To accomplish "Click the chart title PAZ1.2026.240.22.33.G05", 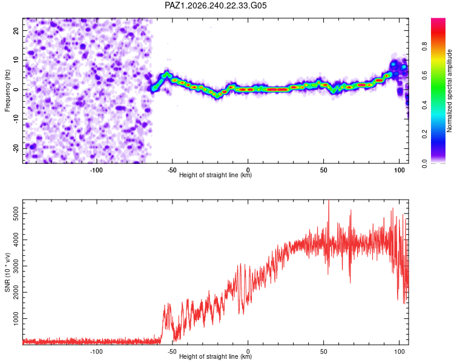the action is [215, 5].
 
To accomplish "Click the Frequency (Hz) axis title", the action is [7, 90].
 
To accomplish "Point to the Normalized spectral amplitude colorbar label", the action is [449, 91].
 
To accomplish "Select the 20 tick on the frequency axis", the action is [16, 30].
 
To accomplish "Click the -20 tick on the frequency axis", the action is [16, 148].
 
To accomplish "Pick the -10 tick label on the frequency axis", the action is [16, 119].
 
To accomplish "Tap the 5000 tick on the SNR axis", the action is [16, 214].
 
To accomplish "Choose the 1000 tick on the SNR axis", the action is [16, 318].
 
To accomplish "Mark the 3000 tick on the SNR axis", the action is [16, 266].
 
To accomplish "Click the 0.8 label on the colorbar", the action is [424, 46].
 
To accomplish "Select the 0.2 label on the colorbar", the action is [424, 134].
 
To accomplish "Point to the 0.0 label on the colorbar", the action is [424, 163].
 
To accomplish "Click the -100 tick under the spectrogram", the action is [96, 170].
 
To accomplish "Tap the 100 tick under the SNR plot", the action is [400, 352].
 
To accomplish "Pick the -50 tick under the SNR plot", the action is [172, 352].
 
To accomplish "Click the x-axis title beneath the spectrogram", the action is [215, 175].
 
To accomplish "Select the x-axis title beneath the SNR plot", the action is [215, 356].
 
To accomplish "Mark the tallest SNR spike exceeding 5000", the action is [328, 203].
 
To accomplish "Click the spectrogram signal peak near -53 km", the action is [167, 74].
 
